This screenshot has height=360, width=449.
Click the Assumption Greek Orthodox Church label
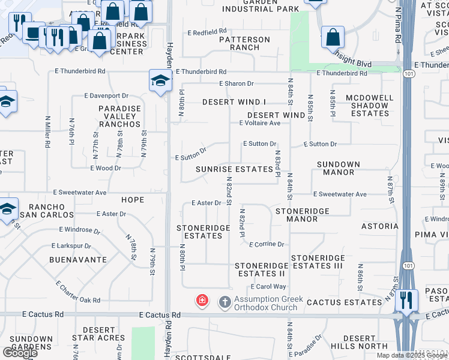pos(266,303)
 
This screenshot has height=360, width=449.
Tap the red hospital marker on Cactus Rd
pos(202,300)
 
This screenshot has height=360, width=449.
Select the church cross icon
pos(224,301)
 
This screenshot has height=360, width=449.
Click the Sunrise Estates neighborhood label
pos(235,169)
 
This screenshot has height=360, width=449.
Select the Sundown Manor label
pos(339,168)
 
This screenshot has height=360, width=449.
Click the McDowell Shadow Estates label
pos(370,105)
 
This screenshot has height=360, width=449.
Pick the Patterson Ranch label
pos(244,43)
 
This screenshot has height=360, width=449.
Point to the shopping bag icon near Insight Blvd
pos(332,37)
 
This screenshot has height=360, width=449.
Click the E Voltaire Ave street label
pos(260,123)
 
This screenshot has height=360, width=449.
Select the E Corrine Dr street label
pos(265,244)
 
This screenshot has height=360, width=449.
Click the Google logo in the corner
pos(20,352)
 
